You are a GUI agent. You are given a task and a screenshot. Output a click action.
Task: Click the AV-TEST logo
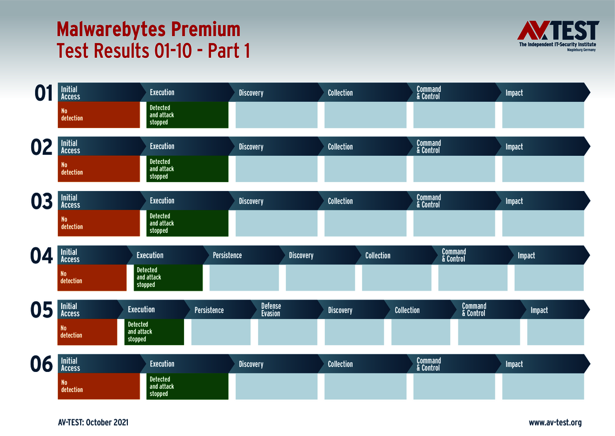pos(557,36)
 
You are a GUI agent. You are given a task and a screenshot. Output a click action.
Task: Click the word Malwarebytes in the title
pos(109,29)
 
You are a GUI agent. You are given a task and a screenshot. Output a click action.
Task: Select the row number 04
pos(42,257)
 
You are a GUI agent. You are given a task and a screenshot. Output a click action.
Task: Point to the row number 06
pos(42,365)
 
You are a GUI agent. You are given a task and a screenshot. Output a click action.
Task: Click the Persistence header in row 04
pos(227,256)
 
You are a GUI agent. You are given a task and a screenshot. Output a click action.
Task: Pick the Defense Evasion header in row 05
pos(271,310)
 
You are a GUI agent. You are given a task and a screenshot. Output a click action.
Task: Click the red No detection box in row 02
pos(98,169)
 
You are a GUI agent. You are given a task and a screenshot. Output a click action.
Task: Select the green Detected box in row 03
pos(187,223)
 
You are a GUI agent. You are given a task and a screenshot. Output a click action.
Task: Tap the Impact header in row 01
pos(514,93)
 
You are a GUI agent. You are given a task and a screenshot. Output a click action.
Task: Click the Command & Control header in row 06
pos(429,364)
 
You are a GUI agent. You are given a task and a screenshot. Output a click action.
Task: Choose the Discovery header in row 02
pos(251,147)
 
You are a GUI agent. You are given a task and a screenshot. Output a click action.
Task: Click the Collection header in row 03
pos(340,201)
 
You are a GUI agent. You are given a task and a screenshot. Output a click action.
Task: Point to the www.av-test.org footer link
pos(555,423)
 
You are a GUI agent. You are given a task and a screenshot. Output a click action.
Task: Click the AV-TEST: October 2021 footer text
pos(93,423)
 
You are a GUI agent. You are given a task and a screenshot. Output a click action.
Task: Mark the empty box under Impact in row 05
pos(556,332)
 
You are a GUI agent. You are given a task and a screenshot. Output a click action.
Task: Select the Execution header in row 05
pos(141,310)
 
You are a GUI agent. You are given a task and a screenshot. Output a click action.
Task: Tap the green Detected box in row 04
pos(168,277)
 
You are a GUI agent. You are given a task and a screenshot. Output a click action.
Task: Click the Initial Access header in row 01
pos(71,93)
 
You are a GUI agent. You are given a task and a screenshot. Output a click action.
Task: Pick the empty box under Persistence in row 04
pos(244,277)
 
